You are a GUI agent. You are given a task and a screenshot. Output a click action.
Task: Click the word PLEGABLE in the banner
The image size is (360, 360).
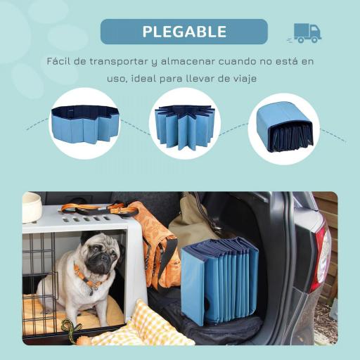coord(184,32)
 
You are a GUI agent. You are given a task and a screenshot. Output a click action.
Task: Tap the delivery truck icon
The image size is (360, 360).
coord(307,32)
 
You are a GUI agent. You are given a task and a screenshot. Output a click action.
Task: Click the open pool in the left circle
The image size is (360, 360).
coord(84,124)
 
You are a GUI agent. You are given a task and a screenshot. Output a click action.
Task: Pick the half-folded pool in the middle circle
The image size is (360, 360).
coord(185,124)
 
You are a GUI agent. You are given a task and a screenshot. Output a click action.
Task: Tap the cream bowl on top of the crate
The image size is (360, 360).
coord(32,207)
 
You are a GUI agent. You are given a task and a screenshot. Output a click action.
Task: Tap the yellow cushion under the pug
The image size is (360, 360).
coord(105,316)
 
